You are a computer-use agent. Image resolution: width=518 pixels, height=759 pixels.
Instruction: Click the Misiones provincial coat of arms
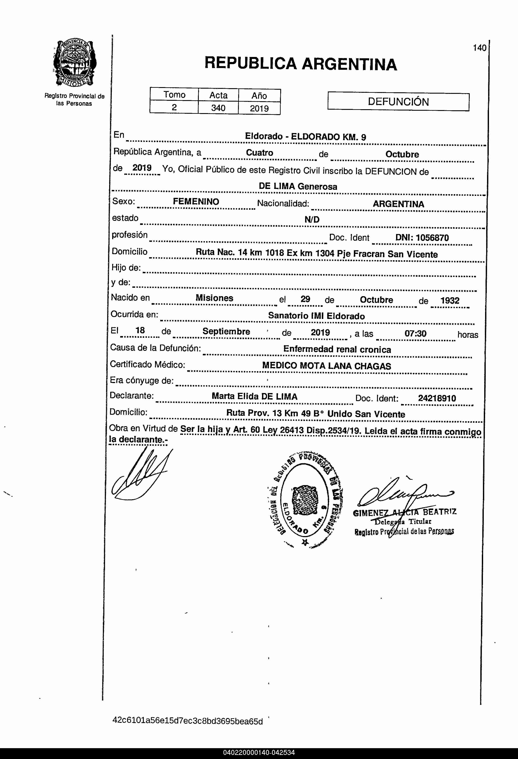(74, 63)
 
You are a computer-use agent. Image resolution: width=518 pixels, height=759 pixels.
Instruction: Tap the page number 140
(479, 48)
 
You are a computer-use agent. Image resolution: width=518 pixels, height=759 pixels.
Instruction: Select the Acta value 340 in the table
(218, 108)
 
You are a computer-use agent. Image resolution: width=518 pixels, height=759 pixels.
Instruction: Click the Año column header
(259, 96)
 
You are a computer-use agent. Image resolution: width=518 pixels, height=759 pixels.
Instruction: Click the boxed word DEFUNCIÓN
(398, 102)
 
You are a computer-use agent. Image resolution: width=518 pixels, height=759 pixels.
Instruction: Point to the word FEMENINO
(196, 202)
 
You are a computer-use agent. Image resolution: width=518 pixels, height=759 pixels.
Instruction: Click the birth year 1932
(450, 301)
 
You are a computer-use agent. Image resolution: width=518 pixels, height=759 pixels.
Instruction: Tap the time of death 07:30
(415, 333)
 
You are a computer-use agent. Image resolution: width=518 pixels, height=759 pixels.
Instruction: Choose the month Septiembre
(226, 332)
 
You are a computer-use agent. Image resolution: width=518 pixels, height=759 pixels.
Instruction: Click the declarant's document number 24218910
(437, 398)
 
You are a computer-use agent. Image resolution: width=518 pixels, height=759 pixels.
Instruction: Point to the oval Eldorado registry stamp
(304, 499)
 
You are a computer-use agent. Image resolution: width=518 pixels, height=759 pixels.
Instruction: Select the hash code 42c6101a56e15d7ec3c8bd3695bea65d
(187, 721)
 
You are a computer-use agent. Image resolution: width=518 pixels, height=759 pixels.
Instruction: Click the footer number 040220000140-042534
(259, 752)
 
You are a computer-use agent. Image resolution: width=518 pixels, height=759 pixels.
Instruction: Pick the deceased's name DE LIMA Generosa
(298, 187)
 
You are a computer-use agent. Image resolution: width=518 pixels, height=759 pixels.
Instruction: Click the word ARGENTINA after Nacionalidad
(398, 204)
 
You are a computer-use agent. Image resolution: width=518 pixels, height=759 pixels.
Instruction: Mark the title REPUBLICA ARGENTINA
(301, 64)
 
